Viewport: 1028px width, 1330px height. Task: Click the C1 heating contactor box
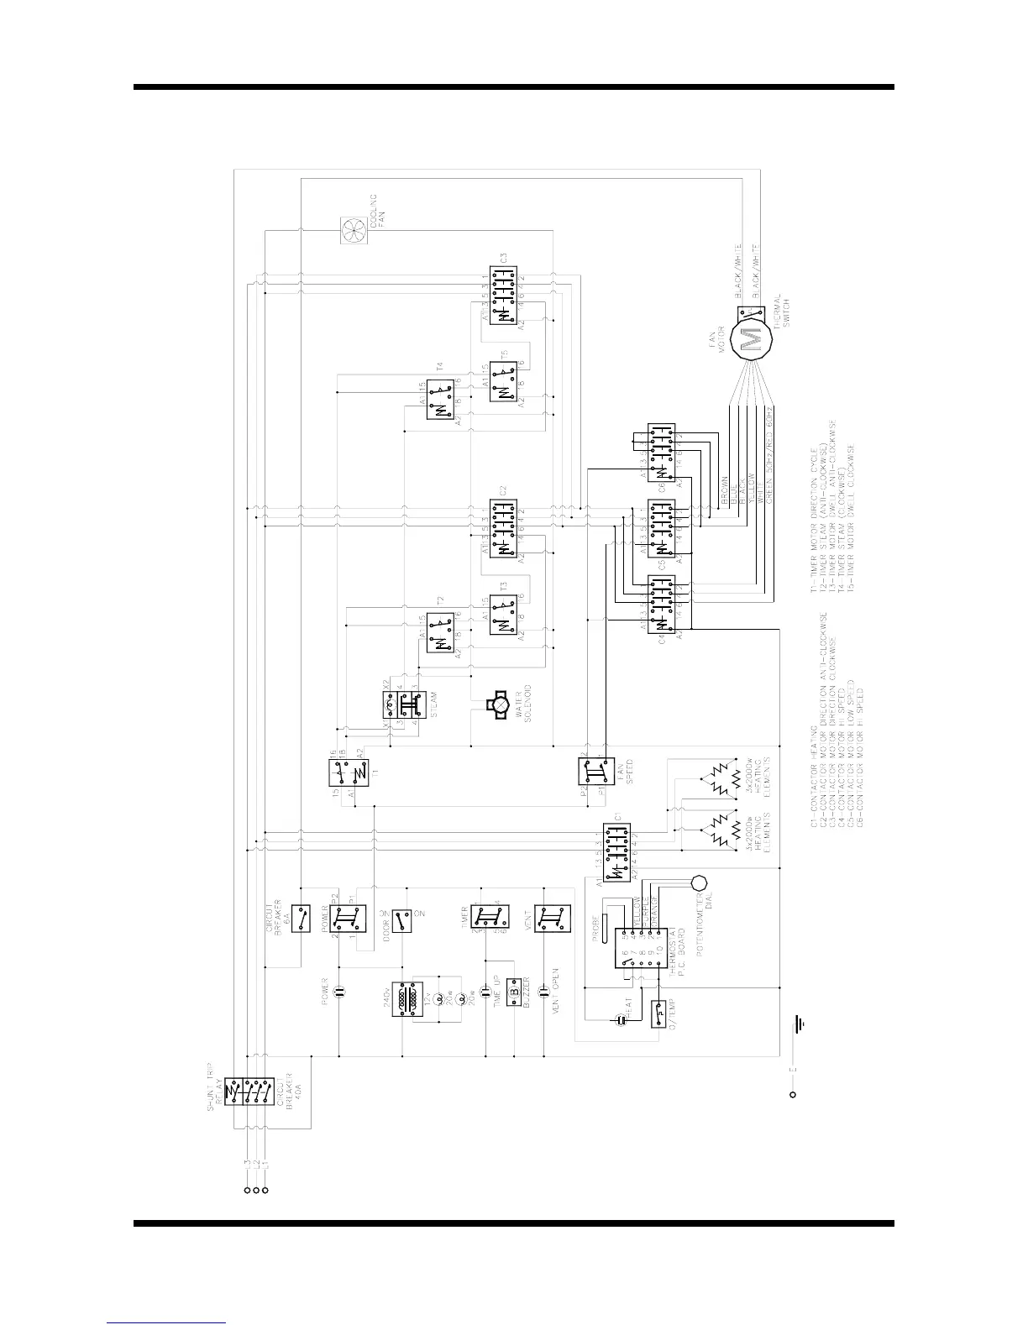[x=618, y=851]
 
